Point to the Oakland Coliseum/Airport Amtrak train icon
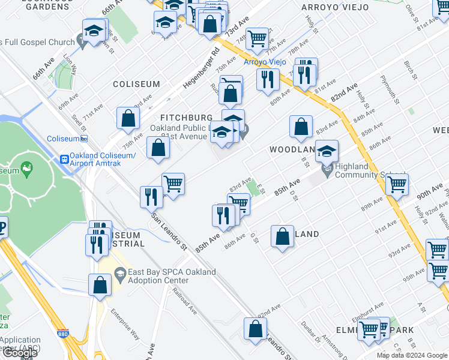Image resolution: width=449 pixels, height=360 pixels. coord(64,159)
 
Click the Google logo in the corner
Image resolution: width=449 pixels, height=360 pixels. coord(20,353)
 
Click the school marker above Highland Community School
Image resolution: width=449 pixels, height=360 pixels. coord(327,151)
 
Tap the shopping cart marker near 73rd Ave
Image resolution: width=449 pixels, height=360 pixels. coord(256,38)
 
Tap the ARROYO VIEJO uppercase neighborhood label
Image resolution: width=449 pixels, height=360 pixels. coord(324,7)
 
